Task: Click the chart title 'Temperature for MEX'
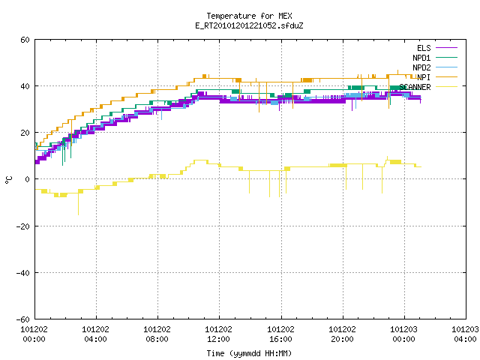click(x=249, y=16)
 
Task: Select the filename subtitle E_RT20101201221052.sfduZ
click(x=249, y=25)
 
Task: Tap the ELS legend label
click(x=424, y=48)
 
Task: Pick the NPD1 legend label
click(x=421, y=58)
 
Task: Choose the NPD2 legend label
click(x=421, y=67)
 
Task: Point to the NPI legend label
click(x=424, y=77)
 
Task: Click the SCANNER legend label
click(x=415, y=87)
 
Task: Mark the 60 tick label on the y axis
click(x=25, y=40)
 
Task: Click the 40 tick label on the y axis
click(x=25, y=86)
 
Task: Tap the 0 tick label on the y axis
click(x=27, y=179)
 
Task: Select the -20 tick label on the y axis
click(x=23, y=226)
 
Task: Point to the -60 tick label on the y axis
click(x=23, y=319)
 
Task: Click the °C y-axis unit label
click(x=9, y=180)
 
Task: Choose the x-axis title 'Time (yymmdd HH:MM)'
click(x=249, y=353)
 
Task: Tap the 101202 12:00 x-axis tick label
click(x=218, y=334)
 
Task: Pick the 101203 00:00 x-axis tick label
click(x=403, y=334)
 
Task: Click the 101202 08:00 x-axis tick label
click(x=157, y=334)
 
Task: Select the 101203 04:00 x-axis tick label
click(x=465, y=334)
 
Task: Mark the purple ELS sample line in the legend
click(x=446, y=48)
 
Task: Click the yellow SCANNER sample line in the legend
click(x=446, y=87)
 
